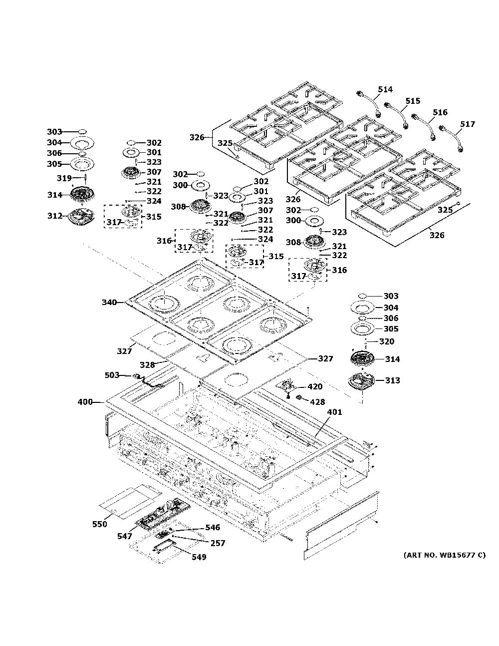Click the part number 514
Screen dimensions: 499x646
385,89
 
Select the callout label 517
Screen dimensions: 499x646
468,124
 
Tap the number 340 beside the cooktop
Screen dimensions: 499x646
109,303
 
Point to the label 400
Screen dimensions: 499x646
85,402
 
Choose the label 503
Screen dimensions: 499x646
112,375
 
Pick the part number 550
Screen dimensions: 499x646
99,524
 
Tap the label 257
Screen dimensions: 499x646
218,543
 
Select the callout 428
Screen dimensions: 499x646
317,402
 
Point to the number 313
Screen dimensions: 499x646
392,380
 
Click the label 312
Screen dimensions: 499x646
55,216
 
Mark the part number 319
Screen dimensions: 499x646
64,178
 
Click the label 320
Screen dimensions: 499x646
387,341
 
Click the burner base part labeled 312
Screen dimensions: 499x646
80,216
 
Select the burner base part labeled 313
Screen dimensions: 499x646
361,382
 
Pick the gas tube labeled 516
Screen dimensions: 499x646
424,126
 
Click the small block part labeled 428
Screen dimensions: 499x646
299,398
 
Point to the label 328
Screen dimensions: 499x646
147,365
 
